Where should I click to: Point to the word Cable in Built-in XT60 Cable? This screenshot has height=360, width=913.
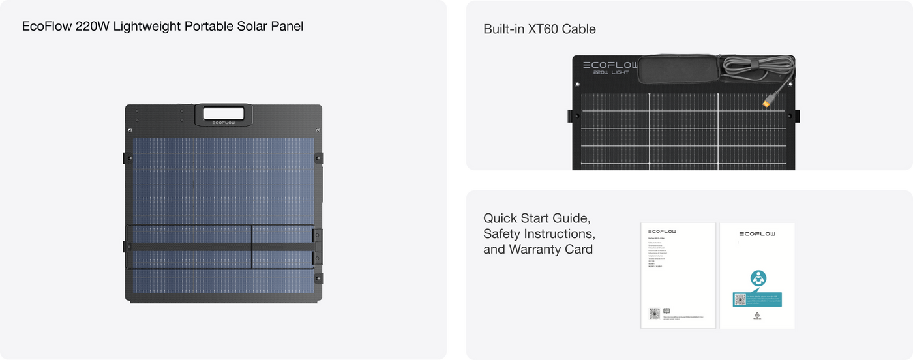[x=578, y=29]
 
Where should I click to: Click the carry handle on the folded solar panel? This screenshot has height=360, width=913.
[x=224, y=113]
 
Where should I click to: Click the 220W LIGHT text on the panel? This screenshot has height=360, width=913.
[x=611, y=73]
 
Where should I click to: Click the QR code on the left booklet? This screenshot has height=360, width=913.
[x=655, y=313]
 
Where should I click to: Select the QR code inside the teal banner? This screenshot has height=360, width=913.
[x=740, y=299]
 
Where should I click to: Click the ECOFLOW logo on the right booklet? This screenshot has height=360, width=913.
[x=757, y=233]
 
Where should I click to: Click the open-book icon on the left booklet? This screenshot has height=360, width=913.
[x=666, y=311]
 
